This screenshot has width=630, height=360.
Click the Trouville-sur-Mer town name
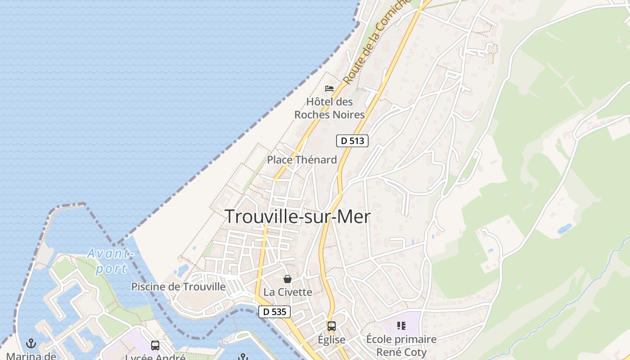coord(297,217)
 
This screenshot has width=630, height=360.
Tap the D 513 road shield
coord(352,141)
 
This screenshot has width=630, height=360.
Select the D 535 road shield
coord(274,311)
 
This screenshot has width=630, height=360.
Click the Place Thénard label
coord(302,160)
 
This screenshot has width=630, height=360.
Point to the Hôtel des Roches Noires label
coord(329,108)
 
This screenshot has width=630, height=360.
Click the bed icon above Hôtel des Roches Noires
coord(329,88)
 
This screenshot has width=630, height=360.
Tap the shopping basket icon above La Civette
coord(288,279)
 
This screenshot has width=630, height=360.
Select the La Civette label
coord(288,292)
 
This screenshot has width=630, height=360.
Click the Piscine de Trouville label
coord(178,287)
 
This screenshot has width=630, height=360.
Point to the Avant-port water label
coord(111,261)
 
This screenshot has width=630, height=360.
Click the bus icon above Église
coord(332,326)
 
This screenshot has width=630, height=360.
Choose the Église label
coord(332,340)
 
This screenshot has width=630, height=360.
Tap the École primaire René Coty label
coord(401,345)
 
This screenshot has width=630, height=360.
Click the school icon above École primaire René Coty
coord(401,325)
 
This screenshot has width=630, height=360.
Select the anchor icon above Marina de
coord(31,344)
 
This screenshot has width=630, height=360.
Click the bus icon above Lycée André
coord(155,346)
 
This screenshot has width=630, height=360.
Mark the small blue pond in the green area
coord(564,229)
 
